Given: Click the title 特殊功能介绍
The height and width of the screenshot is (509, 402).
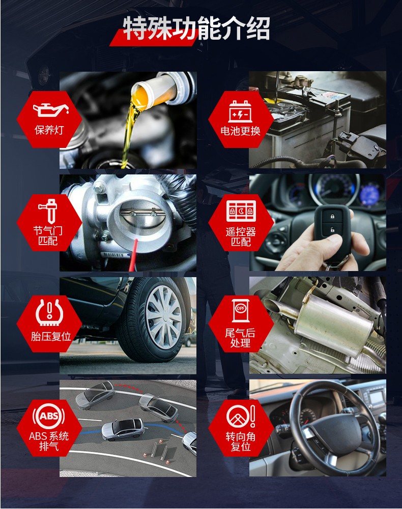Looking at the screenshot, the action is [196, 28].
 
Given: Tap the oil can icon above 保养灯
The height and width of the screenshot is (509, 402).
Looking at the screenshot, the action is [51, 110].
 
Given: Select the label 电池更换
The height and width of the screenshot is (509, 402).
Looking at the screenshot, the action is [241, 131].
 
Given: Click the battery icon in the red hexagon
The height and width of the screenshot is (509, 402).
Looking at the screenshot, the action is [241, 111].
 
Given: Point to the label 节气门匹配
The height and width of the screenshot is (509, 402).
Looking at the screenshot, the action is [48, 235].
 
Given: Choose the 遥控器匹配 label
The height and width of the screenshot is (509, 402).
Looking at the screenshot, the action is [241, 236].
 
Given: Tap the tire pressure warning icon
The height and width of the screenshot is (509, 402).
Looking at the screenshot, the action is [49, 312].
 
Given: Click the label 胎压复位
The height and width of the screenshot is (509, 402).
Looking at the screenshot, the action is [51, 336].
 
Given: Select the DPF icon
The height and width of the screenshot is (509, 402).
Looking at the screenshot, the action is [241, 311].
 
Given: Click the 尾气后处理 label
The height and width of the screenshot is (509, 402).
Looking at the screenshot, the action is [240, 338].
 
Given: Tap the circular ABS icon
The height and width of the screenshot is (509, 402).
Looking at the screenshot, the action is [49, 416].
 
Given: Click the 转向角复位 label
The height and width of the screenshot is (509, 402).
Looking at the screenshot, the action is [241, 441].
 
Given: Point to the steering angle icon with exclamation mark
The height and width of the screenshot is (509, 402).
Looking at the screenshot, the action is [241, 416].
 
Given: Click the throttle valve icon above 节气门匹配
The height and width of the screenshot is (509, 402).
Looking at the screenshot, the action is [48, 211].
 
